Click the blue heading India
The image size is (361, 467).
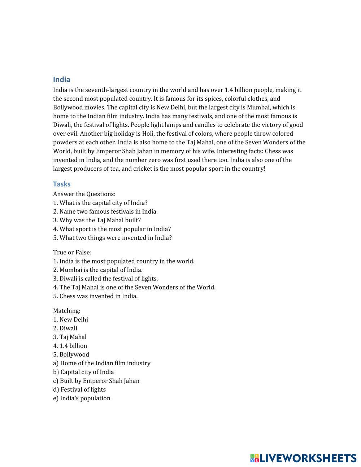[61, 79]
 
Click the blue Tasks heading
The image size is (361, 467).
[61, 184]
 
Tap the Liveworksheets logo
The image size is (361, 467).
[303, 458]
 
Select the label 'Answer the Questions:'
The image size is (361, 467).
[84, 194]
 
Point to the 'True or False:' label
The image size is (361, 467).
[72, 252]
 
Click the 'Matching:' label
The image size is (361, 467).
[67, 311]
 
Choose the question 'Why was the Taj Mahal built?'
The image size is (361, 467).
[97, 220]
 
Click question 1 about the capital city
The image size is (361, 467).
[100, 203]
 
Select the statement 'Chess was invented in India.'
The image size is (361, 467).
[95, 296]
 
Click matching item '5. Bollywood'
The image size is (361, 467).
[71, 354]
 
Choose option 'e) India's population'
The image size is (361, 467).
[82, 398]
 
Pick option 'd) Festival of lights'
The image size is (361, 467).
[79, 389]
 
